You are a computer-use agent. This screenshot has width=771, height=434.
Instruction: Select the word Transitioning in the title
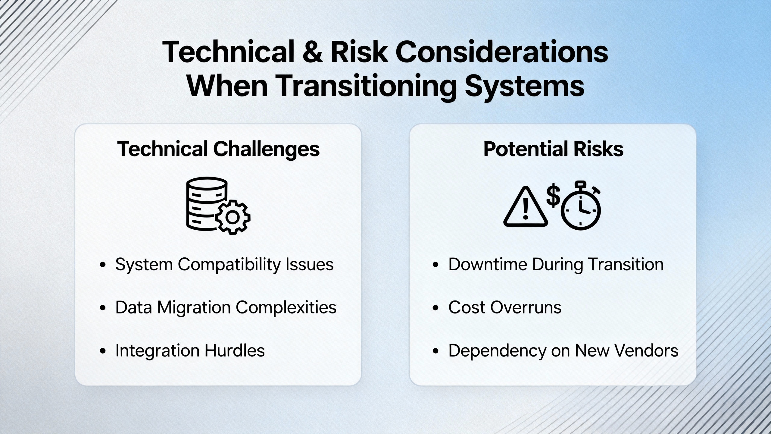pyautogui.click(x=365, y=86)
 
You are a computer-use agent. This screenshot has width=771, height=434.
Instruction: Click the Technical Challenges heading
pyautogui.click(x=218, y=149)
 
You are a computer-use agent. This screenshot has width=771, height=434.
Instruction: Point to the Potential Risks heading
pyautogui.click(x=553, y=149)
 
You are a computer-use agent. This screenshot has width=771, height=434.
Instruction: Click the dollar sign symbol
pyautogui.click(x=553, y=196)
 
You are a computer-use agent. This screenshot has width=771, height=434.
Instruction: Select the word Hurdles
pyautogui.click(x=235, y=351)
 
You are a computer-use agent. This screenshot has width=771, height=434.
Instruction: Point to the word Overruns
pyautogui.click(x=526, y=308)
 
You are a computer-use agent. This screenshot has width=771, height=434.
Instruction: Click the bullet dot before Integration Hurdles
pyautogui.click(x=103, y=351)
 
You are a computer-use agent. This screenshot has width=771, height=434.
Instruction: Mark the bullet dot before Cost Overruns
pyautogui.click(x=436, y=308)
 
